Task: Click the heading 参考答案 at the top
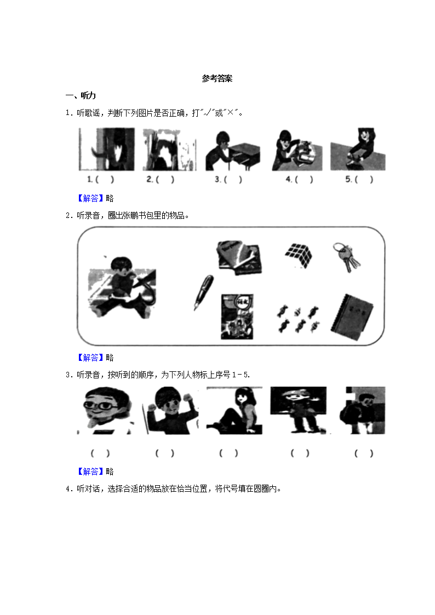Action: [x=217, y=79]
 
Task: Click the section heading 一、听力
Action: [x=81, y=96]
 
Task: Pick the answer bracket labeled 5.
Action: [x=359, y=179]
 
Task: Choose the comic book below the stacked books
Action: [x=237, y=317]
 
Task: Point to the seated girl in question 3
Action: [x=234, y=411]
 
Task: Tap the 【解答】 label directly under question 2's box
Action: [x=91, y=358]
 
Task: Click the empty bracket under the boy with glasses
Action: [x=100, y=453]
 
